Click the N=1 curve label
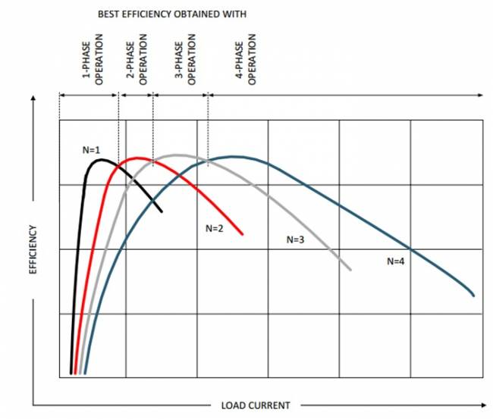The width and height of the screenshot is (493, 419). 91,150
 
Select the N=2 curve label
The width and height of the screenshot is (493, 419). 214,228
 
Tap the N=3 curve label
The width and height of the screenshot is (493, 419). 295,239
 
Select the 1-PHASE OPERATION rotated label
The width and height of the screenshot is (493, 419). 93,61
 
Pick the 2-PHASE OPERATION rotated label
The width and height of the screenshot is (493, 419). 137,61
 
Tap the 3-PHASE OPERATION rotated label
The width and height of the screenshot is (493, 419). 186,61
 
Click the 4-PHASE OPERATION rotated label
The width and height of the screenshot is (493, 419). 246,61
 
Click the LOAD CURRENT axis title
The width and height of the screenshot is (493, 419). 255,405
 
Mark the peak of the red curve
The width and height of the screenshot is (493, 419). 138,158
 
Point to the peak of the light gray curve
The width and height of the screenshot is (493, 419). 177,155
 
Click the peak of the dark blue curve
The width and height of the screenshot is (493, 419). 235,157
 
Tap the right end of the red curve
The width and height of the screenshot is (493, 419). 242,234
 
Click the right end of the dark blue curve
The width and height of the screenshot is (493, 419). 474,295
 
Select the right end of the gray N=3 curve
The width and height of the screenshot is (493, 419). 350,269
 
